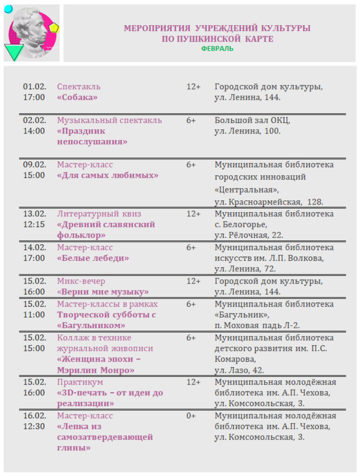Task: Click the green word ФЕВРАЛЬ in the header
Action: coord(217,49)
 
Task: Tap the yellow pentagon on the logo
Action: coord(54,28)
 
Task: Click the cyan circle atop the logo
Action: coord(9,9)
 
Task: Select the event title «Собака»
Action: coord(77,97)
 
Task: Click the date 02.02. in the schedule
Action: coord(34,120)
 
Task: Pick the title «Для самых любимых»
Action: coord(108,175)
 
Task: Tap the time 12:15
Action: coord(34,224)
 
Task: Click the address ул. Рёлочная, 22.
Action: coord(248,235)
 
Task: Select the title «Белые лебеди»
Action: coord(93,258)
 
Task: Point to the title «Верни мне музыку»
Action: coord(103,292)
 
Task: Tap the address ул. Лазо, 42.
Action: coord(239,370)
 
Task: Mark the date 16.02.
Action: coord(34,416)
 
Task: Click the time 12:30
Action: coord(34,426)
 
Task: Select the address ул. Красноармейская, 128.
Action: coord(269,202)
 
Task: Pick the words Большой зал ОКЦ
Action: coord(252,120)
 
